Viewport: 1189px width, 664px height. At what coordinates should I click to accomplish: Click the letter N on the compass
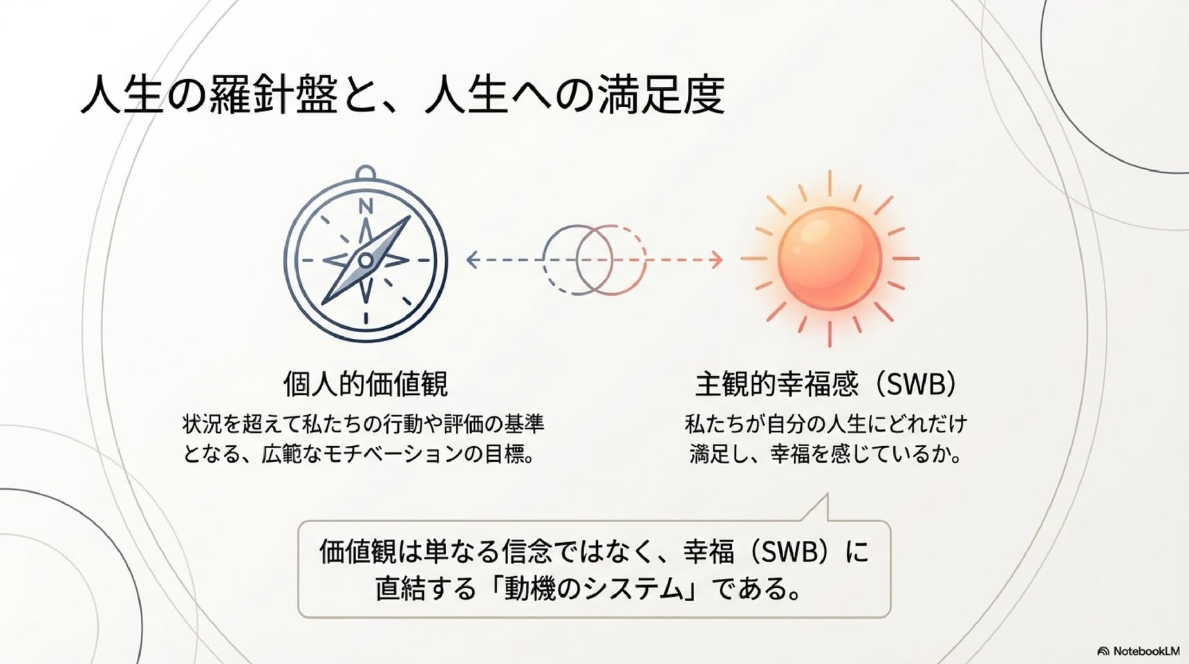(x=366, y=205)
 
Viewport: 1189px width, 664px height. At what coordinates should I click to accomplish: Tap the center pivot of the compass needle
(x=366, y=260)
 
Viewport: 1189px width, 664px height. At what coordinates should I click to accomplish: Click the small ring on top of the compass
(x=366, y=173)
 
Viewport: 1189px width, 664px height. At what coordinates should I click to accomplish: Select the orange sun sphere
(x=830, y=259)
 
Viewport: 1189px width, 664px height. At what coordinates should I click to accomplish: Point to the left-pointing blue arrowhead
(x=473, y=260)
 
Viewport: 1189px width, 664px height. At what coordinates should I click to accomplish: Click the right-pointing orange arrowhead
(x=716, y=260)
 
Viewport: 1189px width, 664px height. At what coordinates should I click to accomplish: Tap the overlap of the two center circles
(x=594, y=260)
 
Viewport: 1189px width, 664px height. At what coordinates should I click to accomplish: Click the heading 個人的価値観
(x=366, y=384)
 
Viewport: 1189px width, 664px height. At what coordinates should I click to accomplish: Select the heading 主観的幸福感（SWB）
(x=827, y=384)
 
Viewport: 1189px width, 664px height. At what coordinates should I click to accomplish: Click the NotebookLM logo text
(x=1146, y=651)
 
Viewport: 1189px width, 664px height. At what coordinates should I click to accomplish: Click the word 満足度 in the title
(x=661, y=94)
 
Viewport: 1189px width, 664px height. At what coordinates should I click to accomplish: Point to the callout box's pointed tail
(x=826, y=495)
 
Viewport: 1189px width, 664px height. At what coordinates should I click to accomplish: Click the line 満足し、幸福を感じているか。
(x=826, y=454)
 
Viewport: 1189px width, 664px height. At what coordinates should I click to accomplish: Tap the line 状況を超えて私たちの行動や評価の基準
(x=364, y=423)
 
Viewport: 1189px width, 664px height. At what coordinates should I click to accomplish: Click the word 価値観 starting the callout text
(x=357, y=551)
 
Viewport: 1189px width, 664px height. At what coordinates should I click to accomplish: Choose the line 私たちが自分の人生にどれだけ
(x=826, y=423)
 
